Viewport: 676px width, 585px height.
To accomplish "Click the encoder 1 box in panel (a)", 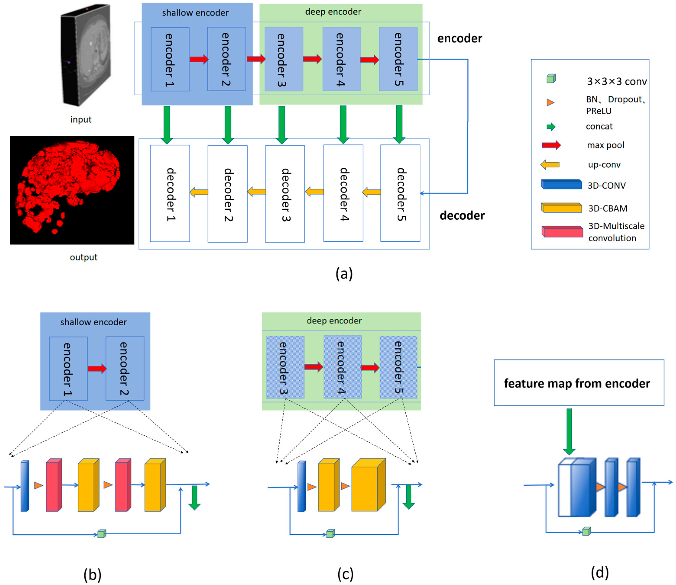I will pos(170,59).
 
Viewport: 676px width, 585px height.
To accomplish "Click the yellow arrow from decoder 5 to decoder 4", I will pos(372,192).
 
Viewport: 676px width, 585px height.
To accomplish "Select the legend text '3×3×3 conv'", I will pos(616,81).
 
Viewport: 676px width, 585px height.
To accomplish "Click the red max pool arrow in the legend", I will pos(551,145).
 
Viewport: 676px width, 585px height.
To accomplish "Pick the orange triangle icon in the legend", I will pos(550,102).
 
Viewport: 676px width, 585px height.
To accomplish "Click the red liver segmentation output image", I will pos(72,190).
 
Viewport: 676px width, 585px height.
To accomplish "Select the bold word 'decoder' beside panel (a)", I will pos(462,215).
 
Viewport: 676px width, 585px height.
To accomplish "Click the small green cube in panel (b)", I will pos(102,534).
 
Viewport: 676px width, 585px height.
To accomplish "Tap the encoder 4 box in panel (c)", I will pos(342,367).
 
